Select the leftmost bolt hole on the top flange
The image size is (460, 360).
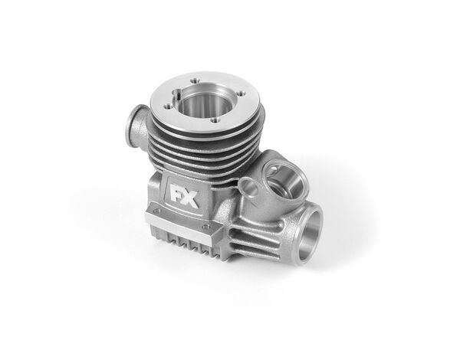(x=168, y=107)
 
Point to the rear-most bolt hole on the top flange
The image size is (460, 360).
(x=195, y=80)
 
